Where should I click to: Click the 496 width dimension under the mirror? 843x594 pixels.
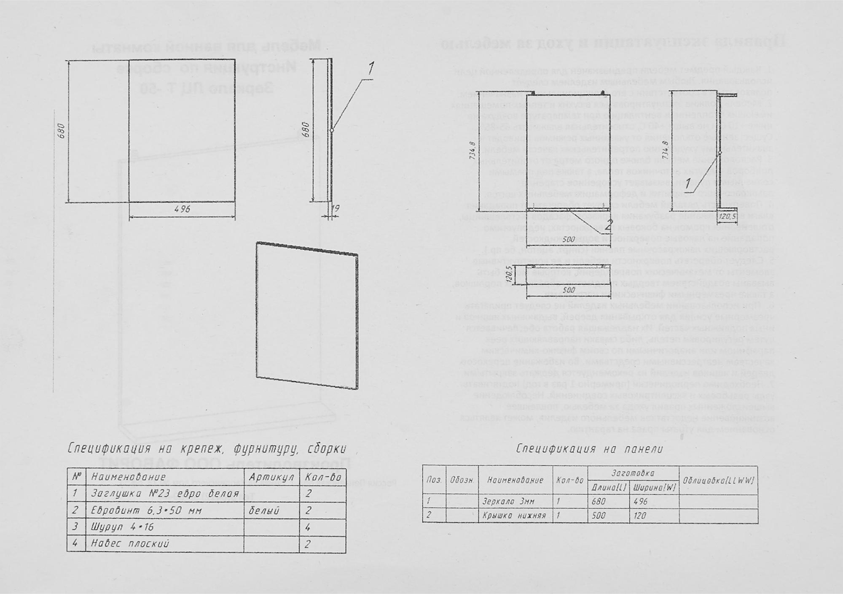tap(183, 210)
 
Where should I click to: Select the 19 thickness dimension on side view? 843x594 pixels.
tap(336, 208)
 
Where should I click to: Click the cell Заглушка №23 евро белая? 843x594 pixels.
tap(165, 494)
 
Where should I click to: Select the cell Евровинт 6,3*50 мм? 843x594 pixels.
tap(146, 510)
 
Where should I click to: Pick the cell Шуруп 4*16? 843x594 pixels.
tap(123, 527)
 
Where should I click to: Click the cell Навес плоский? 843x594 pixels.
tap(130, 544)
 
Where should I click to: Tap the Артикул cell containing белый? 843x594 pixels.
tap(264, 510)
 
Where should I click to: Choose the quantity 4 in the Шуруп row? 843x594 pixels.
tap(308, 527)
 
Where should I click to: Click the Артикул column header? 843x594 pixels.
tap(271, 477)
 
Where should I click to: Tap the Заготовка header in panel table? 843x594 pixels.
tap(633, 473)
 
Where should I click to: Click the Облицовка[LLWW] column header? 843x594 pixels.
tap(718, 481)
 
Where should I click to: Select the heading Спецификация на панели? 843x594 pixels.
tap(590, 449)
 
